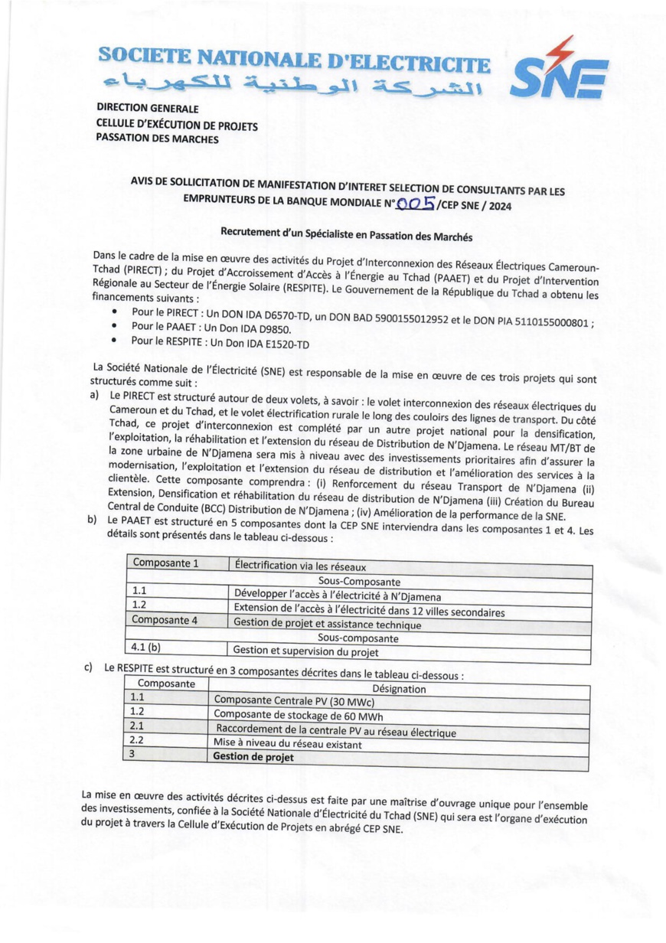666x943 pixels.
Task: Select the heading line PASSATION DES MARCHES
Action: [157, 139]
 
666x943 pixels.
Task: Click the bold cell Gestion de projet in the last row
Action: [253, 756]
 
